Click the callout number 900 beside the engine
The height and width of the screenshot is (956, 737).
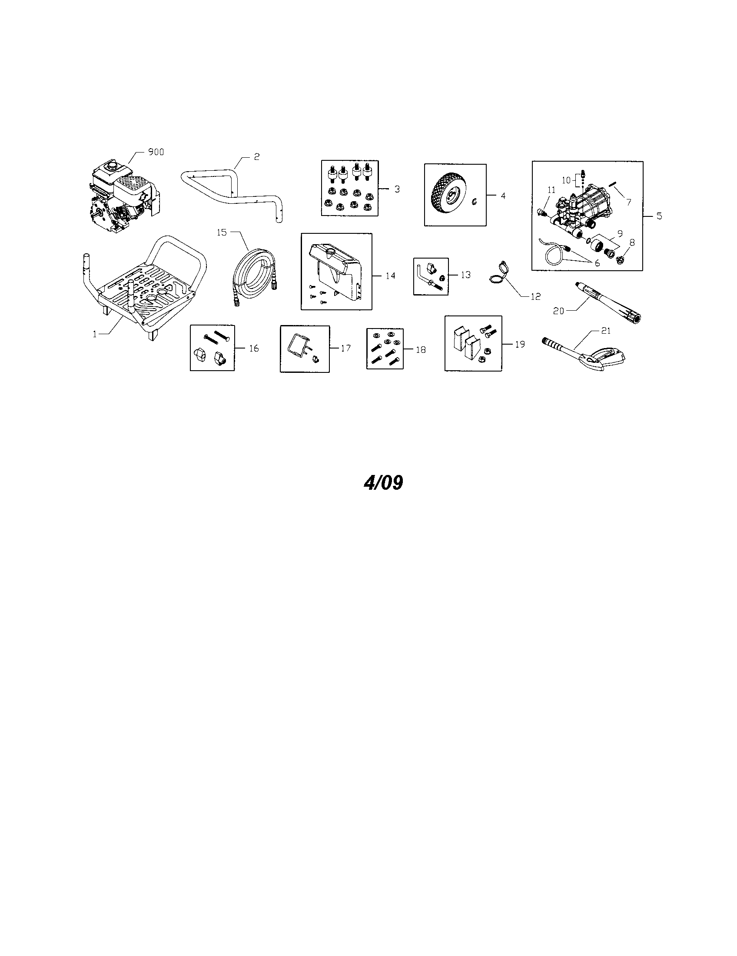click(x=156, y=153)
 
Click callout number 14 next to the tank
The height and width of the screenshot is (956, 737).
click(x=390, y=276)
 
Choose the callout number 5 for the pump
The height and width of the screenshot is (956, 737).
click(x=659, y=216)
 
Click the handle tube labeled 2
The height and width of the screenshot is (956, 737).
click(x=232, y=191)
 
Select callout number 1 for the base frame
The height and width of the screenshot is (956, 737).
click(x=95, y=334)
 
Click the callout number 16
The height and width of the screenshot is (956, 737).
click(x=254, y=349)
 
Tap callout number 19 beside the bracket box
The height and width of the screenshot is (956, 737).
click(x=519, y=345)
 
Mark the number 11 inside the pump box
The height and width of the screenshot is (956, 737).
click(x=551, y=190)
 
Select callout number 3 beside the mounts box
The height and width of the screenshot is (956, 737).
click(x=397, y=189)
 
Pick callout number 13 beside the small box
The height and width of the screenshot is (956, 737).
click(x=466, y=275)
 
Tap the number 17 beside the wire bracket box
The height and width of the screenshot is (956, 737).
click(x=346, y=349)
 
